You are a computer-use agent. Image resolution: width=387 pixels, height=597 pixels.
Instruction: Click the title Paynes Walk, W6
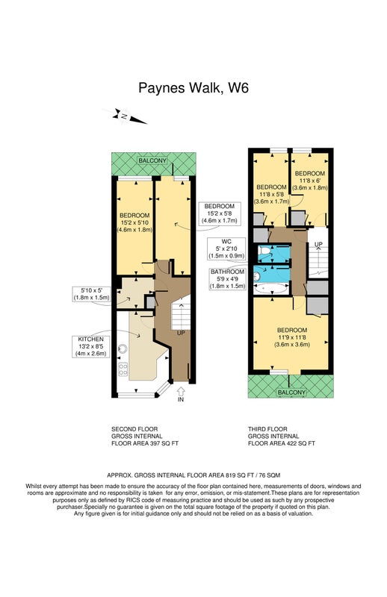(x=193, y=88)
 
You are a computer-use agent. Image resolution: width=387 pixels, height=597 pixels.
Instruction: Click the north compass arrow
(x=124, y=116)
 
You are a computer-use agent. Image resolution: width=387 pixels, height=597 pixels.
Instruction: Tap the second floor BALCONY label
(x=152, y=160)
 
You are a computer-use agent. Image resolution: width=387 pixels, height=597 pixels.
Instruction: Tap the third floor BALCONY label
(x=291, y=393)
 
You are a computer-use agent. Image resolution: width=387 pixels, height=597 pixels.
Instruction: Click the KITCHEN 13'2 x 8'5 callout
(x=90, y=346)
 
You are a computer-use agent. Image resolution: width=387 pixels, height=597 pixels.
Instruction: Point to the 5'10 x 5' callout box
(x=91, y=294)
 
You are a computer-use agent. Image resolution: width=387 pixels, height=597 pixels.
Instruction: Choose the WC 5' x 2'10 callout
(x=226, y=249)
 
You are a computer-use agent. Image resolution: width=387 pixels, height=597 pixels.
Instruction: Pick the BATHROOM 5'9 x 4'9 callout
(x=228, y=278)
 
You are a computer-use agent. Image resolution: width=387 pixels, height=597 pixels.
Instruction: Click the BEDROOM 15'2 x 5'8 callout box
(x=219, y=213)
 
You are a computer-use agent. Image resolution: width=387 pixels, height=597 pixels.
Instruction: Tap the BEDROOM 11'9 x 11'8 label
(x=292, y=337)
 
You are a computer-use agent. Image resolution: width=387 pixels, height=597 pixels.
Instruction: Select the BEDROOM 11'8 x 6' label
(x=309, y=181)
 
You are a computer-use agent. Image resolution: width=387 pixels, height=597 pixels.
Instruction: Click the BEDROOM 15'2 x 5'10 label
(x=134, y=222)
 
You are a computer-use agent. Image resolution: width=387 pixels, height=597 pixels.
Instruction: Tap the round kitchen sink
(x=123, y=348)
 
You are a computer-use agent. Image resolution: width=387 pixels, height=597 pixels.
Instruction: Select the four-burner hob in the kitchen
(x=123, y=369)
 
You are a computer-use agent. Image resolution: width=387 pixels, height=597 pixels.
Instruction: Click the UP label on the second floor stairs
(x=181, y=333)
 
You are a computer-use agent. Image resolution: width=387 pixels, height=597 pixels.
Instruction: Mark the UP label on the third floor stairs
(x=318, y=244)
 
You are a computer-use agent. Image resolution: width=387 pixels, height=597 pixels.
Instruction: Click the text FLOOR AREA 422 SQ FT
(x=282, y=443)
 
